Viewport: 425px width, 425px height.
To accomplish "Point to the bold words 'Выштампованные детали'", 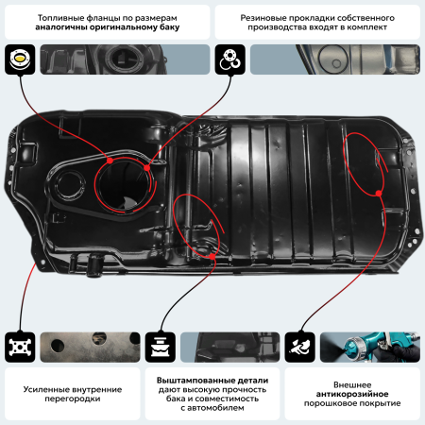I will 212,380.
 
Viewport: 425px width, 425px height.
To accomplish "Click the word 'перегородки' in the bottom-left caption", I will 69,399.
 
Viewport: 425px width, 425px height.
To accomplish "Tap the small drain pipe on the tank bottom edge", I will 92,271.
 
